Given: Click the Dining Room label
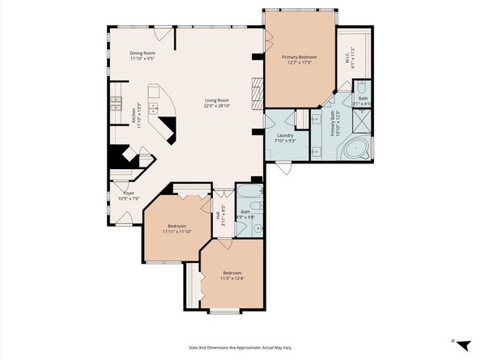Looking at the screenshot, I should (x=143, y=53).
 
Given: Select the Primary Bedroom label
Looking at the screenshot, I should (x=299, y=57).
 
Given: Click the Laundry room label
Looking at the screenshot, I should (x=283, y=135).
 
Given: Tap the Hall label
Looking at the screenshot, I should (x=217, y=214).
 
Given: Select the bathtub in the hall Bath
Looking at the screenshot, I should (x=247, y=194).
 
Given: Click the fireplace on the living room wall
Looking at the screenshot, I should (x=256, y=93).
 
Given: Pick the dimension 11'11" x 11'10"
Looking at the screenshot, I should (x=177, y=231).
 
